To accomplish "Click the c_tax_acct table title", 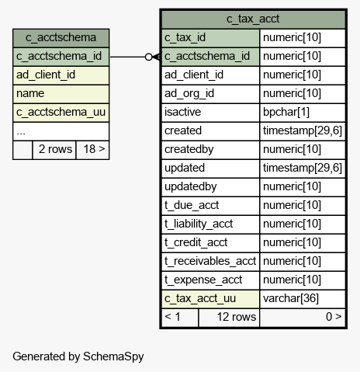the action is point(253,19).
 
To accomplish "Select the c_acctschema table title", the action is point(61,37).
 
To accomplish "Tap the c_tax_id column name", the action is point(185,37).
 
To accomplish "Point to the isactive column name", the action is point(182,112).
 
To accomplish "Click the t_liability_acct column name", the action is point(199,224).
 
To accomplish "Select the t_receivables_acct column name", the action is point(210,261).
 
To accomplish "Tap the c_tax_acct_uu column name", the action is point(200,298).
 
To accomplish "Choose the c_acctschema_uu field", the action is point(61,112).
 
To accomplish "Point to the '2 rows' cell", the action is point(55,149).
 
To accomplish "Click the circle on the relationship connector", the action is point(149,57).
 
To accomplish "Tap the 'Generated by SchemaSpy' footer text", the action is point(78,356).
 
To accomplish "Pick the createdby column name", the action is point(189,149).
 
